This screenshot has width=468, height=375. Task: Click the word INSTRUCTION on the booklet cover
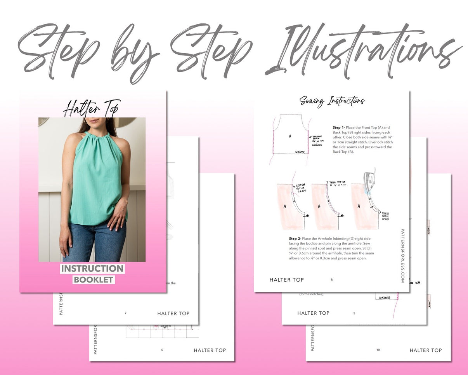[92, 269]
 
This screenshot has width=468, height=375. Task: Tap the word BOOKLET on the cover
[94, 279]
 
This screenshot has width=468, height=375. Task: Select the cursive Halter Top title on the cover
[92, 108]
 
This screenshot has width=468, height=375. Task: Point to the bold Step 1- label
[338, 127]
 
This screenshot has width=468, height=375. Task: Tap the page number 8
[331, 279]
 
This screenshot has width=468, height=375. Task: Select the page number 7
[125, 313]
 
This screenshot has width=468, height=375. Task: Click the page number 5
[162, 350]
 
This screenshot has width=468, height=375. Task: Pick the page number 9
[354, 313]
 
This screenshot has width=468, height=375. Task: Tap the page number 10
[378, 350]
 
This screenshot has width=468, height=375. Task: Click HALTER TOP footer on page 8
[287, 280]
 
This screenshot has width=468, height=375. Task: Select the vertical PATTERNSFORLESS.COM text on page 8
[402, 255]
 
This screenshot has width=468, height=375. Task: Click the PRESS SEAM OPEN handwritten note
[385, 216]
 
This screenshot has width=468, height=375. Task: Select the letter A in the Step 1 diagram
[290, 136]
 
